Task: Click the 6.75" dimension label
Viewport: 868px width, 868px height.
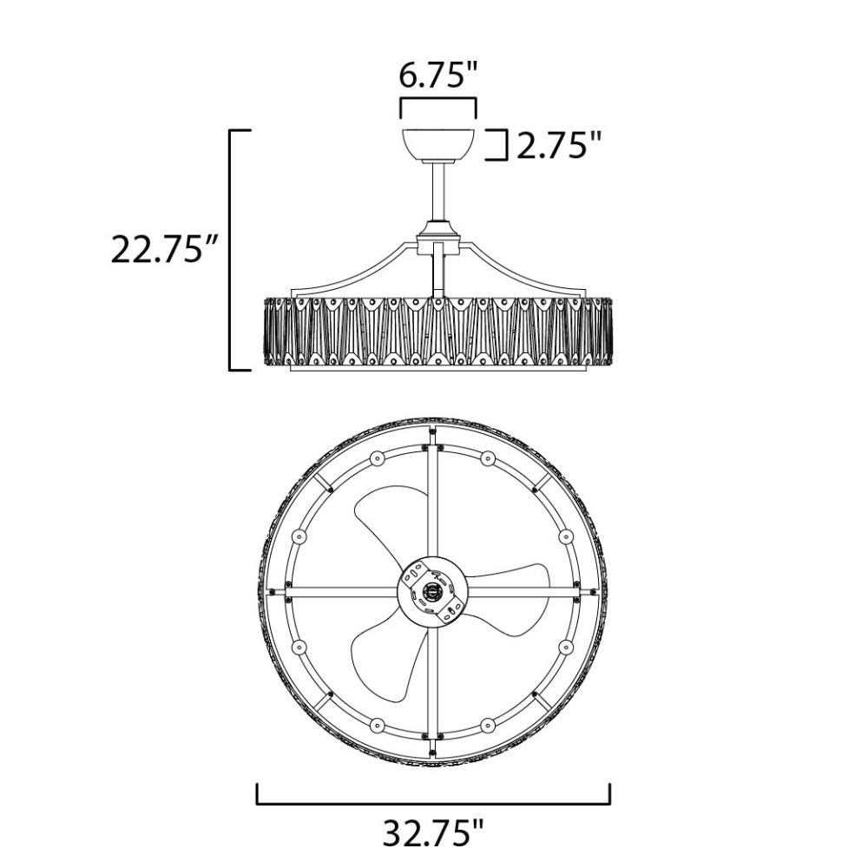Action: tap(437, 76)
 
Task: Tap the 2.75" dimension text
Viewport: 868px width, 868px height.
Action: tap(558, 146)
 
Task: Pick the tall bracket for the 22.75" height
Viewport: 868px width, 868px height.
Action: tap(232, 250)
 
